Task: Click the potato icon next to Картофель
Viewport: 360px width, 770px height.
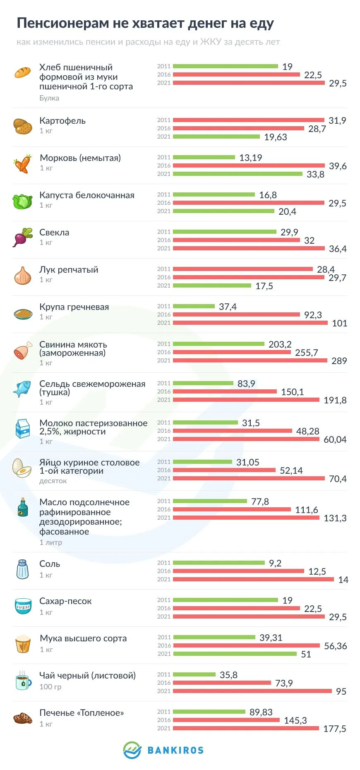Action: [x=23, y=126]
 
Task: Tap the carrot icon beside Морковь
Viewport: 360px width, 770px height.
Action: [x=23, y=164]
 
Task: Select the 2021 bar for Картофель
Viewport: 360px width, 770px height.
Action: [x=216, y=137]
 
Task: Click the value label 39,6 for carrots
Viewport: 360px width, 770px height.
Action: [x=338, y=166]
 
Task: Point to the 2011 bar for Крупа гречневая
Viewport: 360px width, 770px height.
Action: [x=194, y=306]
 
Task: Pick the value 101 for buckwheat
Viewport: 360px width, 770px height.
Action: [x=339, y=323]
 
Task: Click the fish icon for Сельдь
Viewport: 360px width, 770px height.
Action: [x=22, y=389]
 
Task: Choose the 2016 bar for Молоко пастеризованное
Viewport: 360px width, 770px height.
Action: [x=232, y=431]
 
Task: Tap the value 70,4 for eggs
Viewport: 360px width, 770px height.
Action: [x=338, y=479]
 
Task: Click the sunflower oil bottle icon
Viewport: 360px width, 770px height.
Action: [x=23, y=507]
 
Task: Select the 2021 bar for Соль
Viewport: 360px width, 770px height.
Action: [x=253, y=579]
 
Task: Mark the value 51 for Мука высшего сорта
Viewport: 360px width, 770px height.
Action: [x=306, y=654]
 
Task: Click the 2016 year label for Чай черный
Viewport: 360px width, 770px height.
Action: [x=164, y=683]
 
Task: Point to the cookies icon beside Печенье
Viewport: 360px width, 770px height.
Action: [x=23, y=718]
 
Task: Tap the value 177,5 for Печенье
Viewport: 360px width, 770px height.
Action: [x=334, y=729]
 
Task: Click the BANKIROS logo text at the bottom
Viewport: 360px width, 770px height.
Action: [x=175, y=750]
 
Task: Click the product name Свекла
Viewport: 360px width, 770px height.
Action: [x=54, y=233]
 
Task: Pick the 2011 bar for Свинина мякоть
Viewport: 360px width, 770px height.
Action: [x=218, y=344]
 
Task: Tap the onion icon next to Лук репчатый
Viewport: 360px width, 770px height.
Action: [x=23, y=276]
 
